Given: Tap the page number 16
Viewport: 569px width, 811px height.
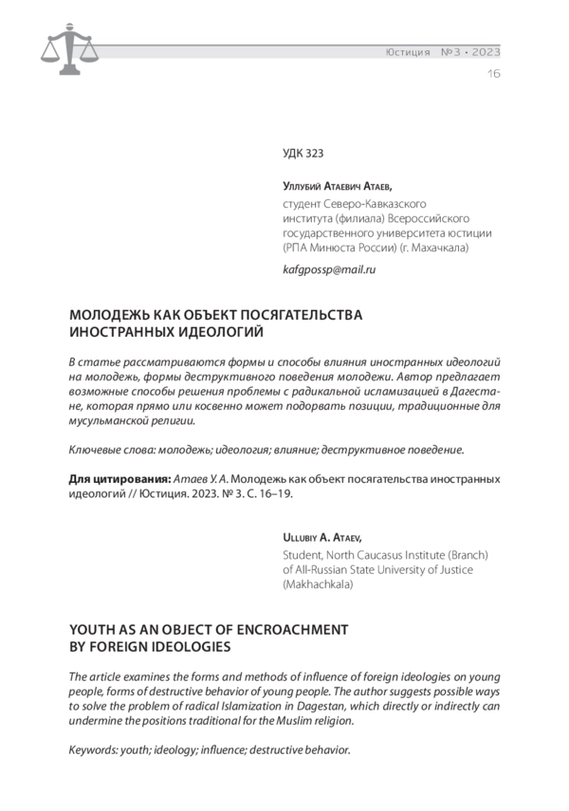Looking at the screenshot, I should tap(493, 73).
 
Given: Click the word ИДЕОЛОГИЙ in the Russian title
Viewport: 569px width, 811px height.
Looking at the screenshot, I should tap(211, 332).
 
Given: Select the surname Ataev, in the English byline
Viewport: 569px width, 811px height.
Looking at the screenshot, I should tap(357, 536).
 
